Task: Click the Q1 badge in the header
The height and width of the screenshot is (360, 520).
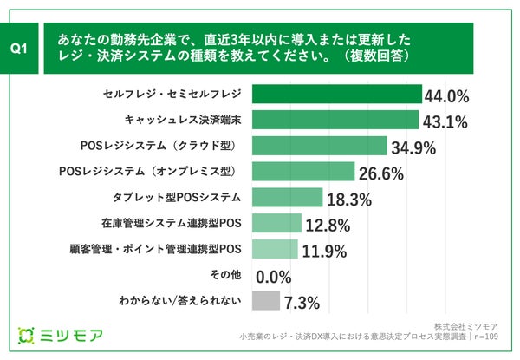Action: click(x=23, y=49)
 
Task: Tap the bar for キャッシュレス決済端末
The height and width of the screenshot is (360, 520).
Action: click(x=335, y=120)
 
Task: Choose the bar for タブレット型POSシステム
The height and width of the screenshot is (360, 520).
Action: click(x=286, y=198)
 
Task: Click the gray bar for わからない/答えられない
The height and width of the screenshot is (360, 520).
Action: click(x=265, y=302)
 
